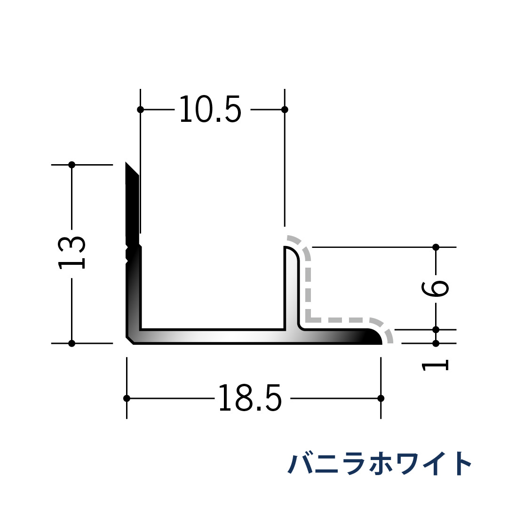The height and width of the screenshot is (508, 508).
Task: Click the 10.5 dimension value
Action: (x=210, y=110)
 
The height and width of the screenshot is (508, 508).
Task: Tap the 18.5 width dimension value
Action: (x=250, y=398)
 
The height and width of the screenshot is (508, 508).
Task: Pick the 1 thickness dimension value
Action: (x=436, y=365)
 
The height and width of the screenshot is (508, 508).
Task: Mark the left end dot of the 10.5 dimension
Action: (x=140, y=110)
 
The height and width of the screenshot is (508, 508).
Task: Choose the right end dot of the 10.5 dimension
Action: (x=285, y=110)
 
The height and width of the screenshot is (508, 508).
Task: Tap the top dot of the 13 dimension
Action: (x=71, y=165)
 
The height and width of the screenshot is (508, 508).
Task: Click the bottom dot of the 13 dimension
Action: (x=71, y=343)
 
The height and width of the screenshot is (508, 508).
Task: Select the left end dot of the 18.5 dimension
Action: (x=127, y=398)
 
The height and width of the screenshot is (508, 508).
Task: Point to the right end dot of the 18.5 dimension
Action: (x=381, y=398)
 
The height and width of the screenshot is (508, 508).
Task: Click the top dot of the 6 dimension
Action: (x=436, y=247)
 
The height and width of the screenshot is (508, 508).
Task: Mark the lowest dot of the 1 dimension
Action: (x=436, y=343)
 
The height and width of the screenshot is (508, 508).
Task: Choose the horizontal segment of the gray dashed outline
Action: (x=339, y=320)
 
